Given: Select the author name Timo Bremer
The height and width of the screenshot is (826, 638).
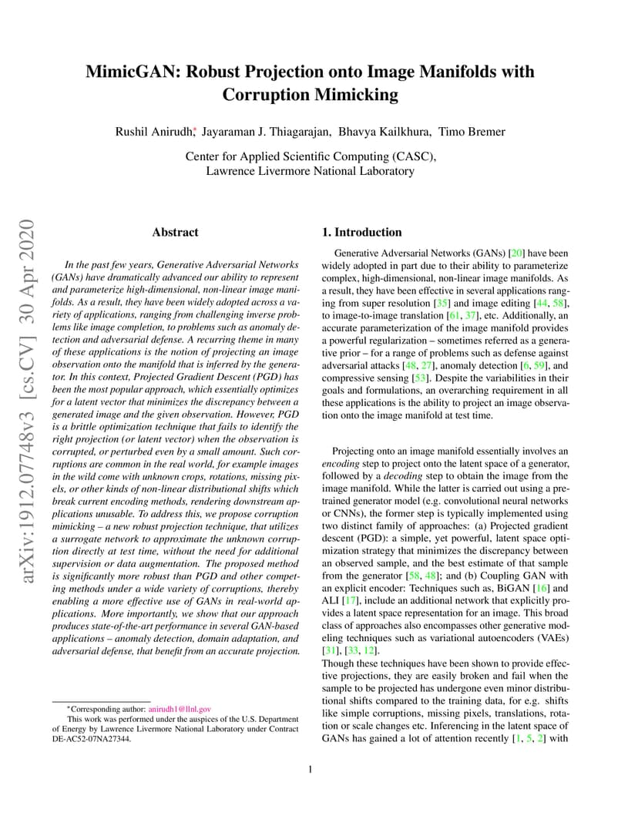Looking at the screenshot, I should pos(473,132).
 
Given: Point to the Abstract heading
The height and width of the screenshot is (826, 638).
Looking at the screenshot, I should pos(175,232).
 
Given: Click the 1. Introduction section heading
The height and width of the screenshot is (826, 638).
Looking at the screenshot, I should pos(361,232).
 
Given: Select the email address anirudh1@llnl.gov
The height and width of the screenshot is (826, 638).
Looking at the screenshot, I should pos(180,708).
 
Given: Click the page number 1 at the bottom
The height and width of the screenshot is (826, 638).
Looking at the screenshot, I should pos(310,769).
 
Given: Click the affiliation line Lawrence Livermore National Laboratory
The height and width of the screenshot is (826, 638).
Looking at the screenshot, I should pos(310,171).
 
